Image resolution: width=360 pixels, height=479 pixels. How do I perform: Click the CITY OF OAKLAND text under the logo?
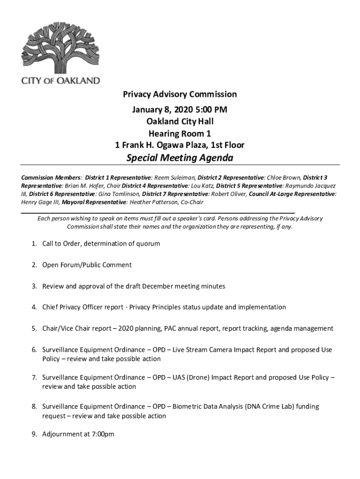pyautogui.click(x=60, y=80)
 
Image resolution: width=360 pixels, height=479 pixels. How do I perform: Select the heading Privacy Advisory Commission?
pyautogui.click(x=180, y=94)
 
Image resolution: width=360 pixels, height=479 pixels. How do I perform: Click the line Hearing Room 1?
pyautogui.click(x=180, y=133)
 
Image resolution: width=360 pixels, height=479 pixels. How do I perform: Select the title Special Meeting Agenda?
pyautogui.click(x=180, y=158)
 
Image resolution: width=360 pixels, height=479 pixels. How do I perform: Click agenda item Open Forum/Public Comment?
pyautogui.click(x=87, y=265)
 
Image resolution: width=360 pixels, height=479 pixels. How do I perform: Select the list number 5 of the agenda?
pyautogui.click(x=34, y=328)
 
